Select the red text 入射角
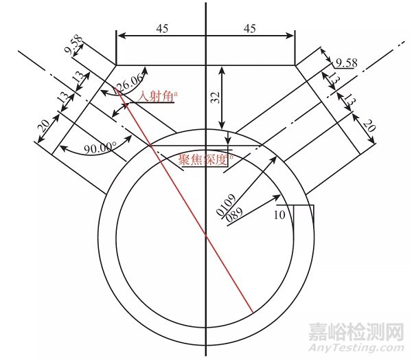point(156,97)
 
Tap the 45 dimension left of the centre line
point(161,28)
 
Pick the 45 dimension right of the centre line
point(250,28)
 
